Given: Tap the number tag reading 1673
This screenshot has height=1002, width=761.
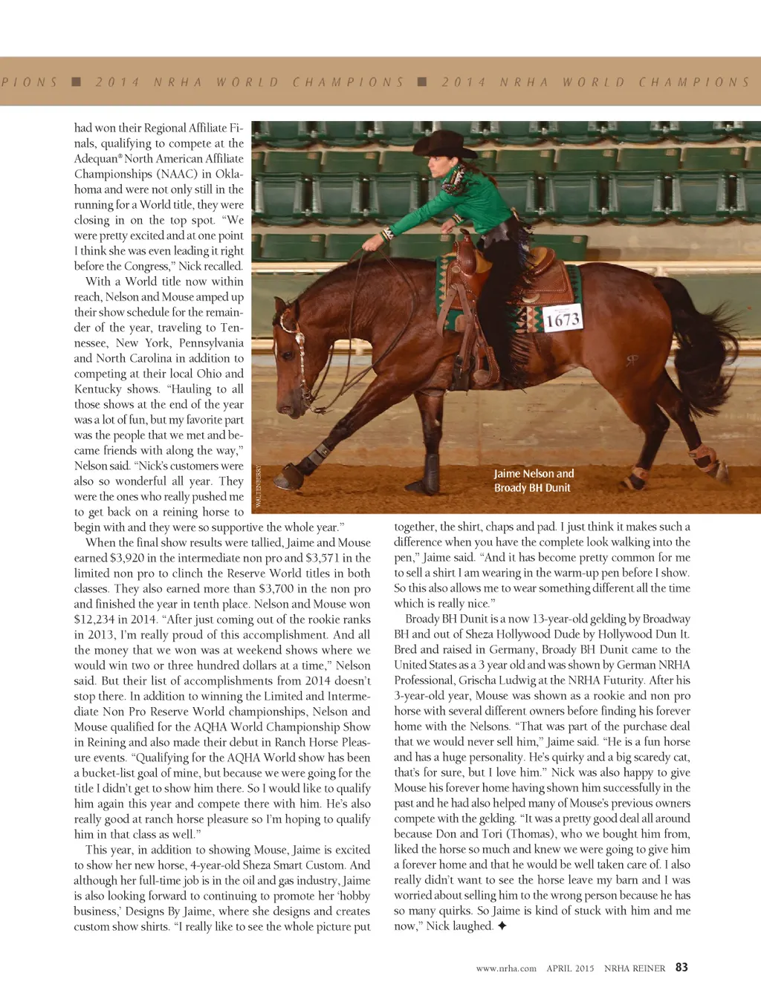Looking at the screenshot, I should point(563,319).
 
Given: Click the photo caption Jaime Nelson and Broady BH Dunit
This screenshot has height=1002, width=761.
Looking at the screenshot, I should point(534,481).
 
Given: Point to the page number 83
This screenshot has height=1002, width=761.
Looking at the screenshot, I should point(681,967).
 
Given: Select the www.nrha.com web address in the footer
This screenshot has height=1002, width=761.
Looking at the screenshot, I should point(506,969).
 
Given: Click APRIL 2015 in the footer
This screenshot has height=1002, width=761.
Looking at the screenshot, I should point(570,969).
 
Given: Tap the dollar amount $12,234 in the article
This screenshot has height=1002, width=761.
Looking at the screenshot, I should point(97,619).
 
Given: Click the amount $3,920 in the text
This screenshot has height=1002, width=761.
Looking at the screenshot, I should point(129,558).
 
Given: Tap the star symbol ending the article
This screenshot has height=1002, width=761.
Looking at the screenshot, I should point(502,926).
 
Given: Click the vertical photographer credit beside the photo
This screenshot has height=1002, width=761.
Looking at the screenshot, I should point(259,487).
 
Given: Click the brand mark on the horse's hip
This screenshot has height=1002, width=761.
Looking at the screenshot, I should point(632,360).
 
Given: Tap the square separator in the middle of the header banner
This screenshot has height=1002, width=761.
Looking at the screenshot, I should point(422,82).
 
